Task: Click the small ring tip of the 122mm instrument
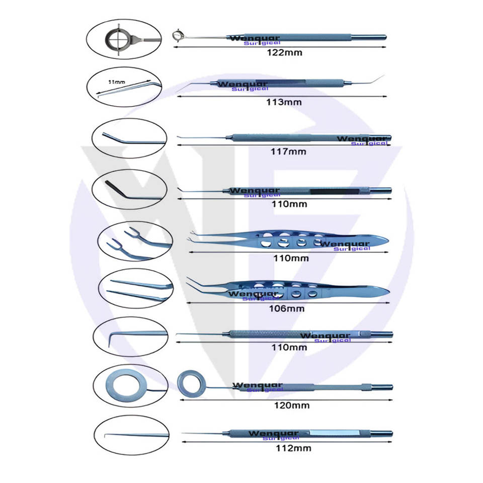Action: coord(177,35)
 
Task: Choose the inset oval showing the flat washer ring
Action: coord(130,386)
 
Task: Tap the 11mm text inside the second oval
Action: coord(117,81)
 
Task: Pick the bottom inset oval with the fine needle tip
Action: coord(130,434)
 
